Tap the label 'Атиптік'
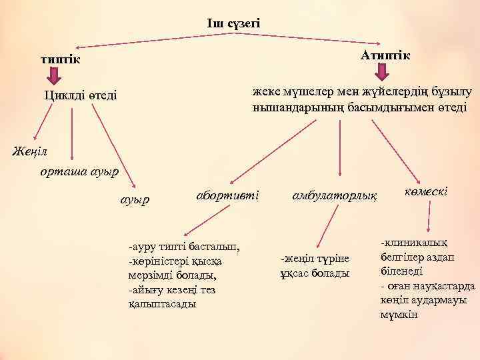click(x=385, y=54)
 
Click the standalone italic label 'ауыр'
click(x=135, y=199)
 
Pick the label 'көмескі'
click(x=425, y=191)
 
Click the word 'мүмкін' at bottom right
click(x=398, y=314)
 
